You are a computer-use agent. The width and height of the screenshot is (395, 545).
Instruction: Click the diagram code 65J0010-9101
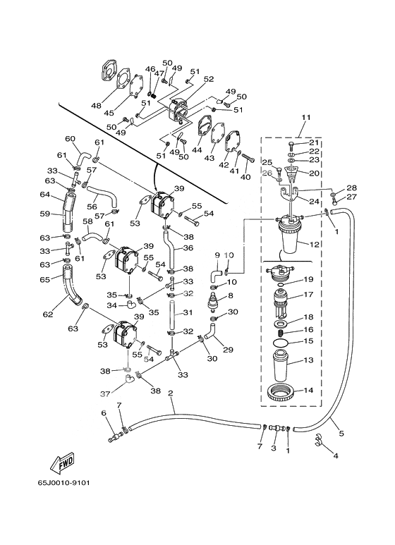pyautogui.click(x=63, y=483)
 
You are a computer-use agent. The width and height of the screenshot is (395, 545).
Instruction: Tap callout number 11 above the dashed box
pyautogui.click(x=305, y=117)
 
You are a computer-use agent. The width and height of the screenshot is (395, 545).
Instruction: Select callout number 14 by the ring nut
pyautogui.click(x=308, y=390)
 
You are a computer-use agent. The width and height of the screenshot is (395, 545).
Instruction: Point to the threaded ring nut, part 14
pyautogui.click(x=281, y=393)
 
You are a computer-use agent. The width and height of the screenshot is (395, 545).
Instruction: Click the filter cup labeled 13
pyautogui.click(x=281, y=365)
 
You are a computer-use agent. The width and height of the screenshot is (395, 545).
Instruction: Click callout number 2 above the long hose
pyautogui.click(x=171, y=393)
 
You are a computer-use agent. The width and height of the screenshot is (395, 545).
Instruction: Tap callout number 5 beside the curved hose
pyautogui.click(x=341, y=433)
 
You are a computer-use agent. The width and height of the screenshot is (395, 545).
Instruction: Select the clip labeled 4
pyautogui.click(x=320, y=441)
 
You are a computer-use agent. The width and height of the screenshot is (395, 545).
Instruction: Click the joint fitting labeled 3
pyautogui.click(x=276, y=429)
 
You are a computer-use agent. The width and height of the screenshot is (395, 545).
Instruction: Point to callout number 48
pyautogui.click(x=96, y=105)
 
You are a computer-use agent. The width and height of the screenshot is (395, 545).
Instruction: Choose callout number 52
pyautogui.click(x=209, y=79)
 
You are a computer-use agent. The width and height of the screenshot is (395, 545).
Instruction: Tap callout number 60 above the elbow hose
pyautogui.click(x=71, y=139)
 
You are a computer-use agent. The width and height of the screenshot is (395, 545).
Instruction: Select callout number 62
pyautogui.click(x=48, y=314)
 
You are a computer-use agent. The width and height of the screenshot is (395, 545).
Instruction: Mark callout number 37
pyautogui.click(x=105, y=394)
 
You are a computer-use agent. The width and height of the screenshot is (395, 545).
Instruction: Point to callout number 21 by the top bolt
pyautogui.click(x=314, y=142)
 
